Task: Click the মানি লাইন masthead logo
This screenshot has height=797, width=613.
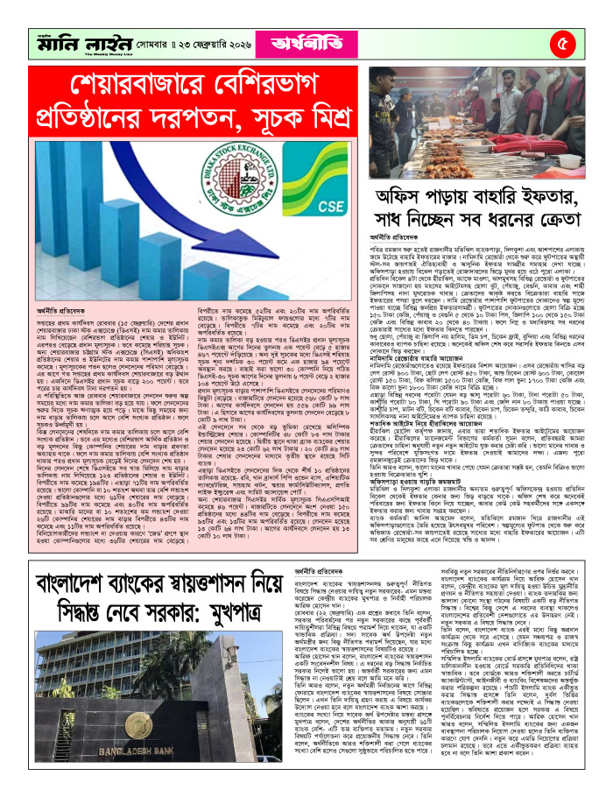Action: coord(79,41)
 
